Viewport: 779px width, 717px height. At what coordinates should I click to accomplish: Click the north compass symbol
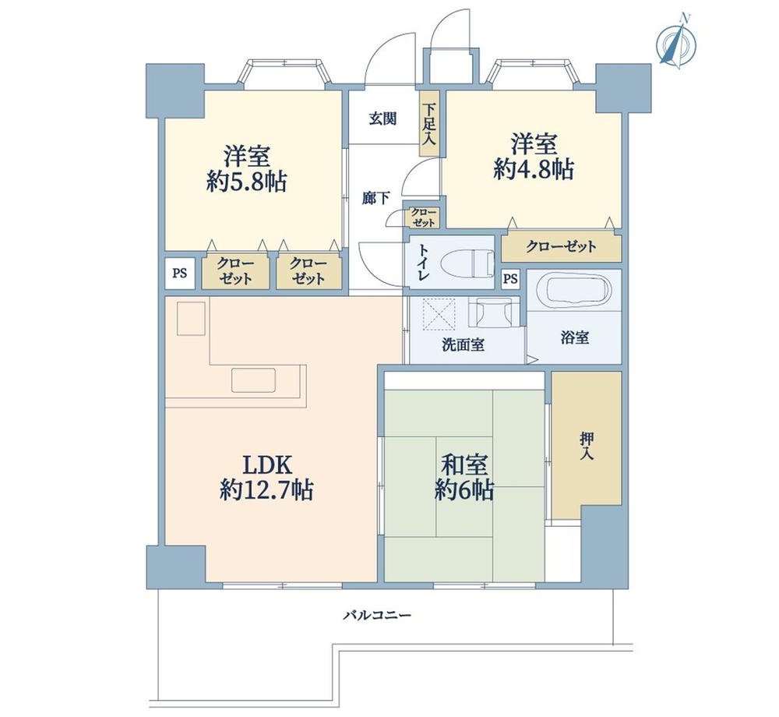[x=676, y=43]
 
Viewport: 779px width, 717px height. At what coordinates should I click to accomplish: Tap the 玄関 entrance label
[x=382, y=118]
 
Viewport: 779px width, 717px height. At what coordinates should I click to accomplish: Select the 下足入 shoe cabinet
[x=428, y=123]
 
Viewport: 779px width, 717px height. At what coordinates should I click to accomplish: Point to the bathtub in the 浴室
[x=574, y=290]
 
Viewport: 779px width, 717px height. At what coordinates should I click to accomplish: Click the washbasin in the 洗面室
[x=491, y=313]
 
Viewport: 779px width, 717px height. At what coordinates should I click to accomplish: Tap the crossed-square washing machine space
[x=438, y=313]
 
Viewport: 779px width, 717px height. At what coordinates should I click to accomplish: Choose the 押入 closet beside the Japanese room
[x=587, y=445]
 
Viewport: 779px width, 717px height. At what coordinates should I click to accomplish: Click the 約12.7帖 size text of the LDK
[x=266, y=490]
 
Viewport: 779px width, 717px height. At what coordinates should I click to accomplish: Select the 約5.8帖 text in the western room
[x=246, y=182]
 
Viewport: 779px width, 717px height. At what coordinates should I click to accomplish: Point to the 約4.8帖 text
[x=534, y=170]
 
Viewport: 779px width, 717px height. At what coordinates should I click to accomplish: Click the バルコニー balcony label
[x=378, y=616]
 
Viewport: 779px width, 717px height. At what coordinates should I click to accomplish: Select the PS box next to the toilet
[x=510, y=279]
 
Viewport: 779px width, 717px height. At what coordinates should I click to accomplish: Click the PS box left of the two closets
[x=180, y=272]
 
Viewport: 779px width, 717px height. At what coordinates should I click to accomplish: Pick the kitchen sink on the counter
[x=253, y=381]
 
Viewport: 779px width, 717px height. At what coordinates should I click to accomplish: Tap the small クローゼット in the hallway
[x=423, y=217]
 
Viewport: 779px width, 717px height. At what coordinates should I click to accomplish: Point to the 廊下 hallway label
[x=375, y=199]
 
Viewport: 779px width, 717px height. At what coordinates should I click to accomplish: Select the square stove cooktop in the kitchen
[x=192, y=319]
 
